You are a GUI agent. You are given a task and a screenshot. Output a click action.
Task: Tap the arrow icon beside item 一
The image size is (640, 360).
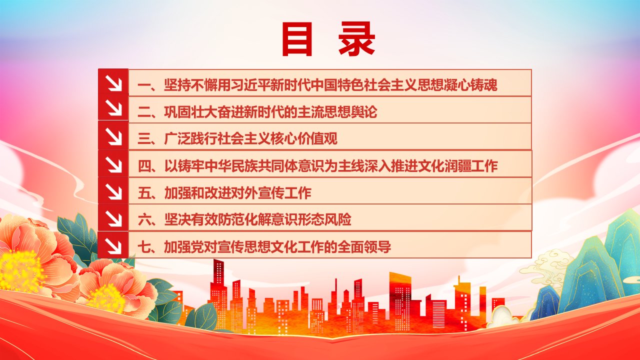click(113, 83)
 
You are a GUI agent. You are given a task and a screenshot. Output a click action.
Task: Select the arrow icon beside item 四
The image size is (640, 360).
click(113, 164)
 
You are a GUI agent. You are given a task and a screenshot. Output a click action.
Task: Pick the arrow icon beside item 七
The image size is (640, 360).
click(113, 245)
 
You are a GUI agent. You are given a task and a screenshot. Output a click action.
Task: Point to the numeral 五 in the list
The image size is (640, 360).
click(144, 193)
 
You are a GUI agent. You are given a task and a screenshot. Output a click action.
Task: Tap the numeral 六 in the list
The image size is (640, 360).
click(144, 219)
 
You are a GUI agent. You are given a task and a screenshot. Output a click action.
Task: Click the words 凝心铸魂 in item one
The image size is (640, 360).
click(470, 85)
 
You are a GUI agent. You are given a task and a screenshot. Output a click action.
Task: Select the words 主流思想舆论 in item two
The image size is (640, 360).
click(337, 111)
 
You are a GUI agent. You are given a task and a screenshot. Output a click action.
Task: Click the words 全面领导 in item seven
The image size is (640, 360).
click(364, 247)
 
